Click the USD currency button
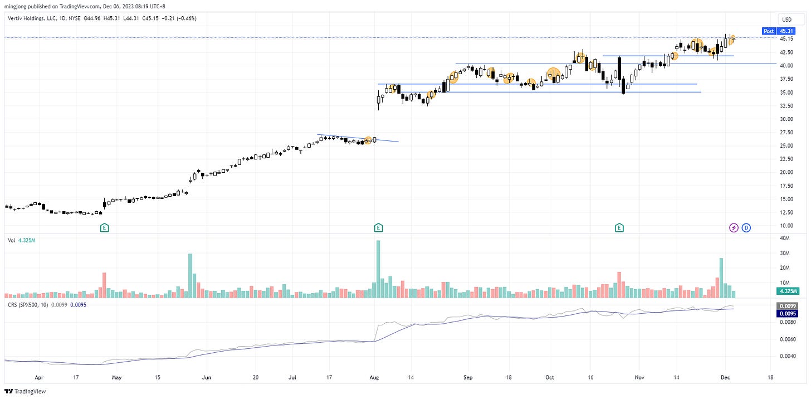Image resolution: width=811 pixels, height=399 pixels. [786, 20]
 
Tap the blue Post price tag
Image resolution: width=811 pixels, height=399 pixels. [769, 31]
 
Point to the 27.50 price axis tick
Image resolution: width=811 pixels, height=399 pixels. [786, 132]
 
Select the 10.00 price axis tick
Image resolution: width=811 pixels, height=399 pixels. [786, 226]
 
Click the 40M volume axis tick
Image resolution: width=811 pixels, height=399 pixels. [785, 239]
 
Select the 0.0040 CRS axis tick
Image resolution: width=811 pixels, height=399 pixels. [786, 356]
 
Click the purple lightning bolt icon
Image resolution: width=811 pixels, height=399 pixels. [734, 227]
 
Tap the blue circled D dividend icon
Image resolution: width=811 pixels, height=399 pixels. [746, 227]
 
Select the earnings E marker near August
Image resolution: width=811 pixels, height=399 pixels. [378, 227]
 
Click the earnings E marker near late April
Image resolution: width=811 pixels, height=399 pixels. [104, 227]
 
